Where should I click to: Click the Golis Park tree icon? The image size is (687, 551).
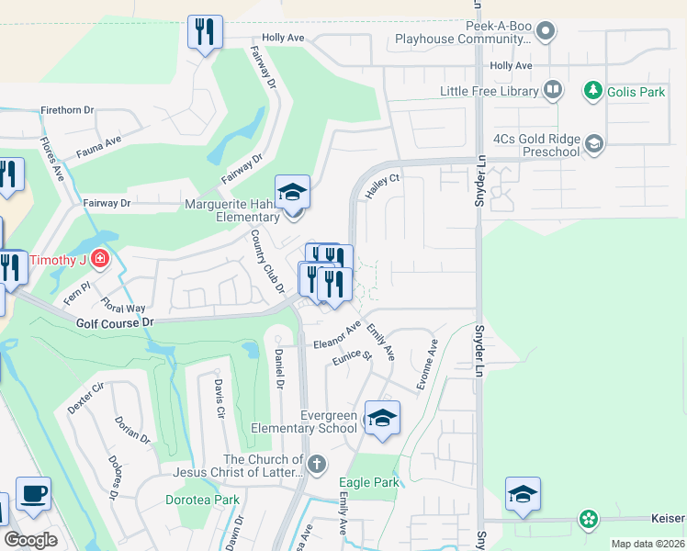[593, 92]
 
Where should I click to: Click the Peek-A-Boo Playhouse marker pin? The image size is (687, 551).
[546, 32]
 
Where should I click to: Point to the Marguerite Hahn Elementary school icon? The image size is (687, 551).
[293, 191]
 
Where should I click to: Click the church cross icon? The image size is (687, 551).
[317, 464]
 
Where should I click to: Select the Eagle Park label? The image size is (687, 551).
[368, 482]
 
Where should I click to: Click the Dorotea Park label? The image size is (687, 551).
[202, 500]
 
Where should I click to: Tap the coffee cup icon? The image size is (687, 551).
[33, 493]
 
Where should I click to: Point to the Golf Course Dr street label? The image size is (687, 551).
[114, 323]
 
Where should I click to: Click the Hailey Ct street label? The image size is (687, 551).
[383, 186]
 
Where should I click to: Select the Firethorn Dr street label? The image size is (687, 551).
[67, 110]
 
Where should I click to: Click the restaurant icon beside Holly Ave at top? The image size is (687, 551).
[205, 32]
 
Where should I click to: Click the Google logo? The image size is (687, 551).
[30, 540]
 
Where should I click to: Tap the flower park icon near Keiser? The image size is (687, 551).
[588, 519]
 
